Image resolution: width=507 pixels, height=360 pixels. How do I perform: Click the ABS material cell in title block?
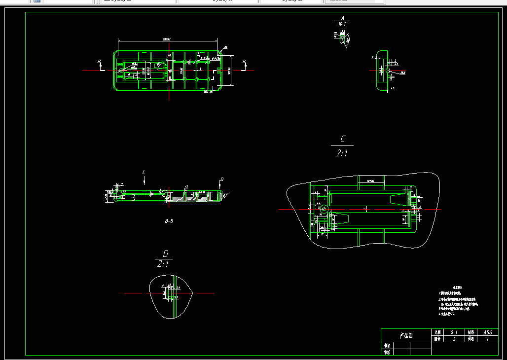(x=488, y=332)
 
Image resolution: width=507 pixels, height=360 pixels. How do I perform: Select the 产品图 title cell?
(x=406, y=335)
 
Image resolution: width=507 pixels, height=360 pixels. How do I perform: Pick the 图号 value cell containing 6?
(x=454, y=339)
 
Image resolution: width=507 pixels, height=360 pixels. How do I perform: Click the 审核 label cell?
(x=387, y=352)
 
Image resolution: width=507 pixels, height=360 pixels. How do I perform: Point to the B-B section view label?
(x=169, y=221)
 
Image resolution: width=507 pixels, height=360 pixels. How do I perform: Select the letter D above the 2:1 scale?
(x=166, y=253)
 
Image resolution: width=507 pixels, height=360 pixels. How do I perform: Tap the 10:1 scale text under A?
(x=342, y=24)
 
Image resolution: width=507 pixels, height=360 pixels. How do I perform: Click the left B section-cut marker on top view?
(x=100, y=62)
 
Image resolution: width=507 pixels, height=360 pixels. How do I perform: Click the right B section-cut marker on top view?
(x=244, y=62)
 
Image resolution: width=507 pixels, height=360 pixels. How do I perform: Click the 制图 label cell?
(x=387, y=346)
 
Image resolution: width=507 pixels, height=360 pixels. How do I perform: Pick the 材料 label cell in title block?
(x=471, y=332)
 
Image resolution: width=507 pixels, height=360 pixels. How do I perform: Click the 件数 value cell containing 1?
(x=488, y=339)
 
